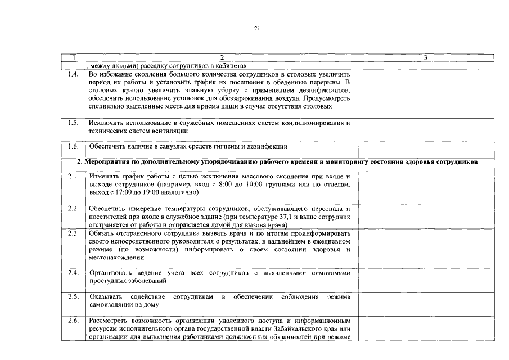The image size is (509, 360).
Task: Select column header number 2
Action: coord(222,57)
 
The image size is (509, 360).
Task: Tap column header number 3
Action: coord(425,57)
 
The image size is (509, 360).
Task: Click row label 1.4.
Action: coord(73,74)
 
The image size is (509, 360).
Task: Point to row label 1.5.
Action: coord(73,123)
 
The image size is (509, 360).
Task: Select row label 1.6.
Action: coord(73,146)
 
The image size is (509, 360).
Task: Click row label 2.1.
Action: coord(73,177)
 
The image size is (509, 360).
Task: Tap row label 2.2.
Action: coord(73,209)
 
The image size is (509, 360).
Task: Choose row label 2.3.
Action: coord(73,233)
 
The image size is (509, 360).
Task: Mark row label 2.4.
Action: coord(73,273)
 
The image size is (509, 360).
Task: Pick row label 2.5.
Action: coord(73,296)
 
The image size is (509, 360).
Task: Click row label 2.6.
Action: coord(73,321)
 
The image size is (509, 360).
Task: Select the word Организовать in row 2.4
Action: coord(112,273)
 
